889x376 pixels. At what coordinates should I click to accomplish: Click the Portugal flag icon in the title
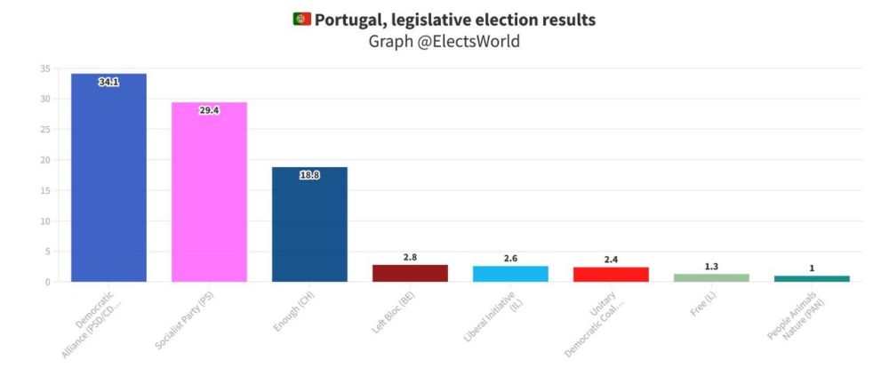pyautogui.click(x=301, y=20)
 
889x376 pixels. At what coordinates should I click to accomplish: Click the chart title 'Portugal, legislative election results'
pyautogui.click(x=455, y=20)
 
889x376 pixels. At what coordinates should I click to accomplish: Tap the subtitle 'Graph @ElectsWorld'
pyautogui.click(x=444, y=42)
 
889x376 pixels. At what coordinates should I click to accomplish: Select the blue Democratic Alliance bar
pyautogui.click(x=108, y=178)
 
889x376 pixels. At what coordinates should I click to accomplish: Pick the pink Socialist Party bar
pyautogui.click(x=209, y=192)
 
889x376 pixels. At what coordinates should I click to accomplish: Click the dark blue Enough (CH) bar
pyautogui.click(x=309, y=225)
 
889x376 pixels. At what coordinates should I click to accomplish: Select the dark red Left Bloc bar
pyautogui.click(x=410, y=274)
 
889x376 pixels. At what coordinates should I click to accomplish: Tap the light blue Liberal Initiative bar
pyautogui.click(x=510, y=274)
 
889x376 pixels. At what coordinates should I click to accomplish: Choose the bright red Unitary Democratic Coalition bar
pyautogui.click(x=612, y=275)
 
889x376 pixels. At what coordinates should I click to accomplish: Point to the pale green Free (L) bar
pyautogui.click(x=711, y=278)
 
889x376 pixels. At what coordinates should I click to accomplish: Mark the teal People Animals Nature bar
pyautogui.click(x=812, y=279)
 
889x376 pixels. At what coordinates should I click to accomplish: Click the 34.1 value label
pyautogui.click(x=108, y=83)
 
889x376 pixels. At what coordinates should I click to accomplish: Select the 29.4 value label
pyautogui.click(x=209, y=110)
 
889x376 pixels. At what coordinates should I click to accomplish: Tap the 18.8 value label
pyautogui.click(x=309, y=175)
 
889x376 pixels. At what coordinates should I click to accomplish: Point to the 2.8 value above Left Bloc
pyautogui.click(x=410, y=258)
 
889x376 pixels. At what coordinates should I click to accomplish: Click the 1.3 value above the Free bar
pyautogui.click(x=711, y=267)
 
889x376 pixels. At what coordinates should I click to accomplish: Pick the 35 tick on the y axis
pyautogui.click(x=45, y=68)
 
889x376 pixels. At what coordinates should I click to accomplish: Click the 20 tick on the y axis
pyautogui.click(x=45, y=160)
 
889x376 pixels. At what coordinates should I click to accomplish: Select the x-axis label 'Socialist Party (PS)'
pyautogui.click(x=186, y=320)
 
